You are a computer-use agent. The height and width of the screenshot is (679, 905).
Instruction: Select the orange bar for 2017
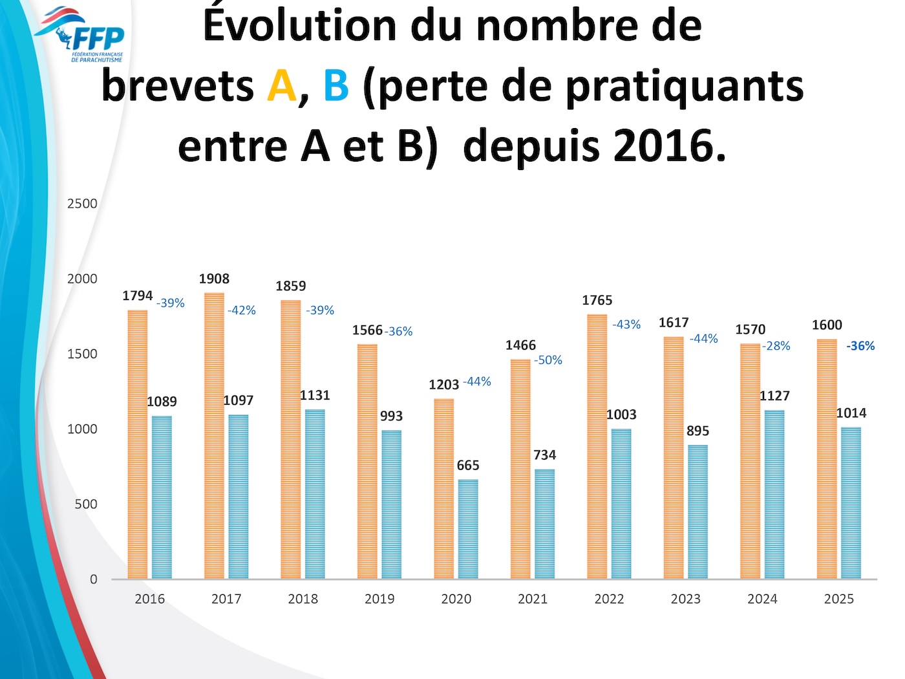214,436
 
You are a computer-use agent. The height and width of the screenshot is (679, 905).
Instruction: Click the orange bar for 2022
597,446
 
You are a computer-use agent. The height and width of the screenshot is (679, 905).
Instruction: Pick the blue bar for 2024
774,494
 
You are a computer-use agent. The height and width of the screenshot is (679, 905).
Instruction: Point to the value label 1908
214,279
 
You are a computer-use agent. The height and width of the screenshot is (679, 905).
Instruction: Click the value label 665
468,466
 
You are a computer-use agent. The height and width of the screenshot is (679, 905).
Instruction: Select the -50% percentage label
548,360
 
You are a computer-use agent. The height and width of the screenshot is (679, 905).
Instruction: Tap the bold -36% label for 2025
860,346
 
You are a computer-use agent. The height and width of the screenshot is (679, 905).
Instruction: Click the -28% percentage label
776,346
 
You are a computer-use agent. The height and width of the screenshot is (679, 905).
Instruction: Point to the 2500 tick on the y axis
82,204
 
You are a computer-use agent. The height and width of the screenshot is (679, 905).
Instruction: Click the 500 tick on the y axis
85,504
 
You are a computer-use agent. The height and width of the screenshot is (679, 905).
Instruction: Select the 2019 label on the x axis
379,599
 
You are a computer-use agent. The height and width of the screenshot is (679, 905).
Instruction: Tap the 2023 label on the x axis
686,599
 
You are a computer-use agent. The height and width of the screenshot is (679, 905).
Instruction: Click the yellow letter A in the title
282,86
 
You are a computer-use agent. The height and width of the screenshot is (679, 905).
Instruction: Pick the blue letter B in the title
335,86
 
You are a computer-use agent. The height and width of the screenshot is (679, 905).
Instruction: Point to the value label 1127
774,396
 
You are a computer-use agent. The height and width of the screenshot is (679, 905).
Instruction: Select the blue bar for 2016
162,497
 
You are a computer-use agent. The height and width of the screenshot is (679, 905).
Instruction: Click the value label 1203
444,385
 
